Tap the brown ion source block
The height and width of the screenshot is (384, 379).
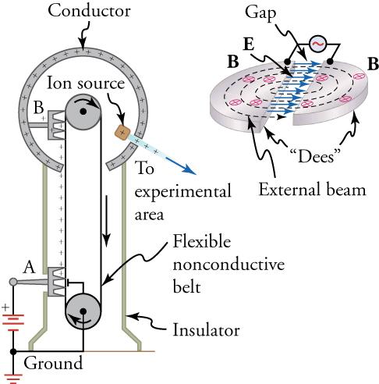(122, 130)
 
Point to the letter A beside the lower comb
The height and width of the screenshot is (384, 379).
(30, 267)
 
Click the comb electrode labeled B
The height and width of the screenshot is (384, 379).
(52, 124)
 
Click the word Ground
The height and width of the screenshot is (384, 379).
(54, 363)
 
